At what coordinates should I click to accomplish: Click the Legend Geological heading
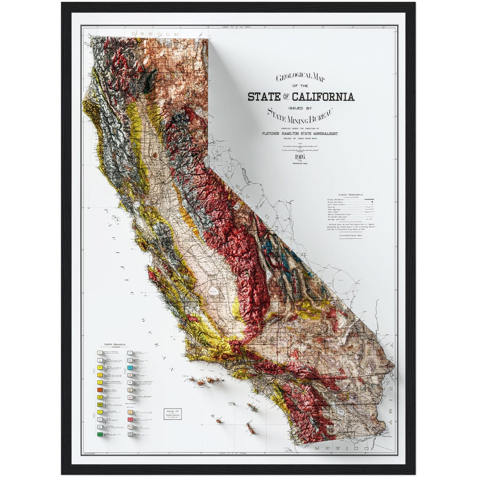pyautogui.click(x=115, y=344)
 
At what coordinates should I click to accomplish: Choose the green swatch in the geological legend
pyautogui.click(x=100, y=434)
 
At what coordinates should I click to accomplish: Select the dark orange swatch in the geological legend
pyautogui.click(x=100, y=390)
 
